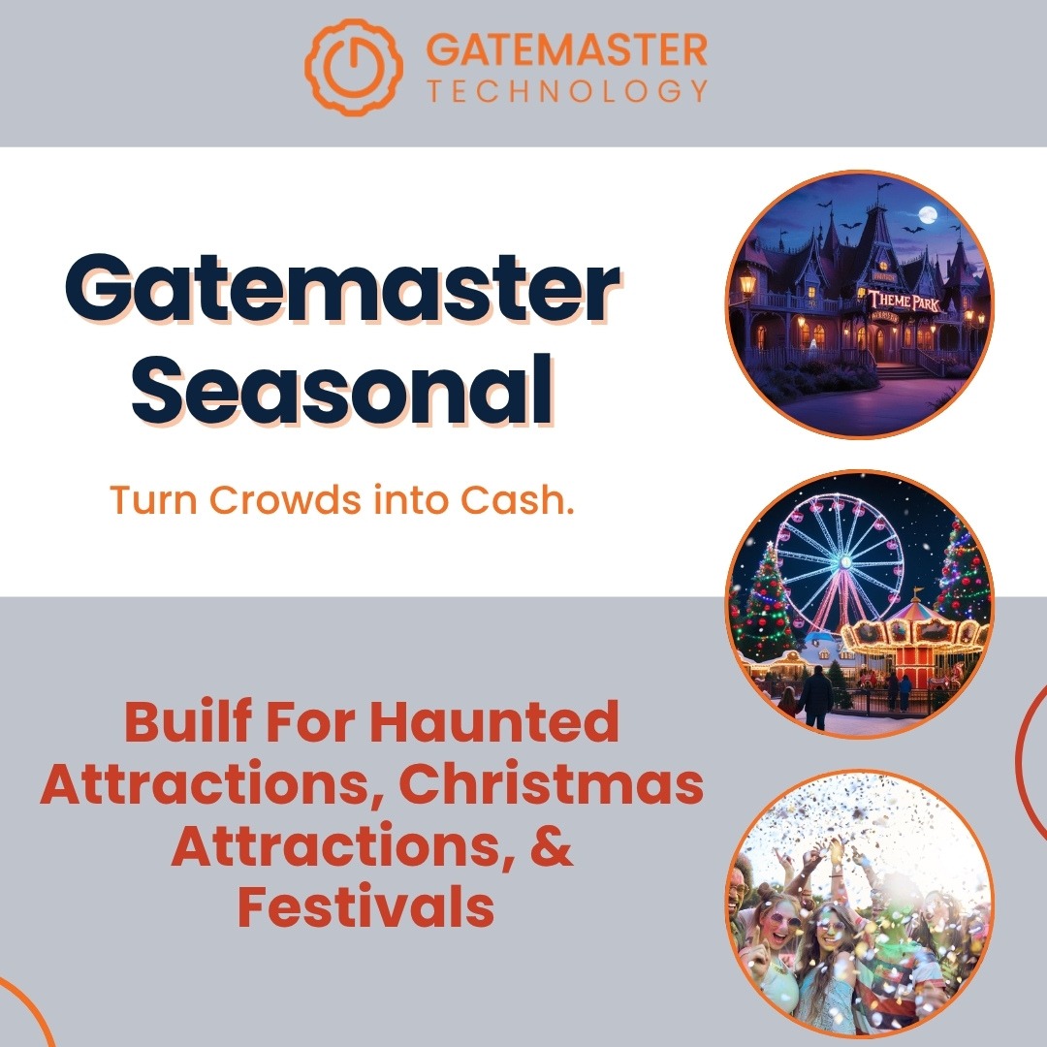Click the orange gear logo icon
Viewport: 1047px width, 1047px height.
click(x=354, y=67)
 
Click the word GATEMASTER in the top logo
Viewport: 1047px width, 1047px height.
click(x=567, y=50)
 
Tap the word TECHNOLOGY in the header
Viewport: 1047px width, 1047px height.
click(x=567, y=91)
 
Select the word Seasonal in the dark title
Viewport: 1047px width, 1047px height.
click(x=342, y=391)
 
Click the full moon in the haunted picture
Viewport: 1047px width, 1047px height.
click(x=928, y=214)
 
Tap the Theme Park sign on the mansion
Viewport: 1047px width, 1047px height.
click(x=904, y=301)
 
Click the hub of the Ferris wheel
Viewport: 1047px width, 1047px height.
click(x=845, y=561)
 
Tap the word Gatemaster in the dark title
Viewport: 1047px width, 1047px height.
click(x=342, y=289)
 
